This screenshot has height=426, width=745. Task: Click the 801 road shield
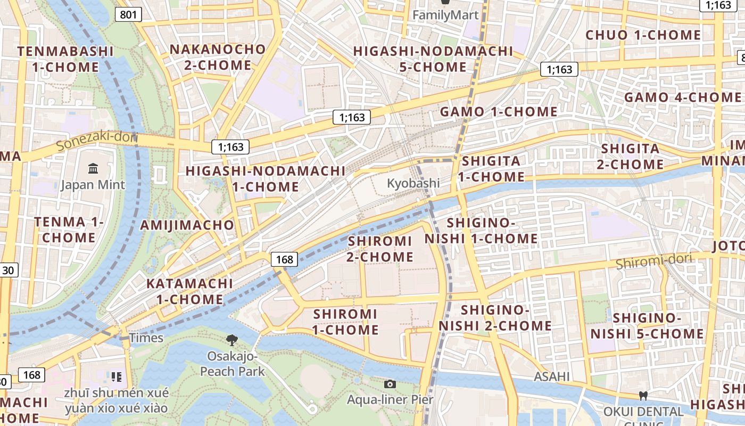pyautogui.click(x=128, y=14)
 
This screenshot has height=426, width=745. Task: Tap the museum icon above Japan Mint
pyautogui.click(x=93, y=169)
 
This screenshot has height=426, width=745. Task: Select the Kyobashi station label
pyautogui.click(x=413, y=183)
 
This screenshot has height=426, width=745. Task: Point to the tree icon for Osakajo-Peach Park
pyautogui.click(x=231, y=340)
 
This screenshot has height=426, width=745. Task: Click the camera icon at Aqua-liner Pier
pyautogui.click(x=390, y=384)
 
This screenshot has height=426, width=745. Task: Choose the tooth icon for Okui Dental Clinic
pyautogui.click(x=643, y=396)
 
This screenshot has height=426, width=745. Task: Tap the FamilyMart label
pyautogui.click(x=445, y=15)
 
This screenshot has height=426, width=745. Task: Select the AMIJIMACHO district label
pyautogui.click(x=187, y=225)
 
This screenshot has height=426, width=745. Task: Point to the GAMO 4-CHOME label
pyautogui.click(x=682, y=97)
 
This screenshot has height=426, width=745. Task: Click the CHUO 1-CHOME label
pyautogui.click(x=643, y=35)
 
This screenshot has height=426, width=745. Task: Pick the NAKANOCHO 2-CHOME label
pyautogui.click(x=217, y=57)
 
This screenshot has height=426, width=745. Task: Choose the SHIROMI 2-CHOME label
pyautogui.click(x=380, y=249)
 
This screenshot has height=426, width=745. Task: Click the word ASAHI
pyautogui.click(x=551, y=377)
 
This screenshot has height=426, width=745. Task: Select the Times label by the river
pyautogui.click(x=146, y=338)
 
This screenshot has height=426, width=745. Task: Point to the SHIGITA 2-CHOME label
pyautogui.click(x=630, y=156)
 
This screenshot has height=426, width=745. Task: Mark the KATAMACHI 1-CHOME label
pyautogui.click(x=190, y=291)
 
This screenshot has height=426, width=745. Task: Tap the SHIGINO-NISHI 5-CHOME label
pyautogui.click(x=647, y=326)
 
